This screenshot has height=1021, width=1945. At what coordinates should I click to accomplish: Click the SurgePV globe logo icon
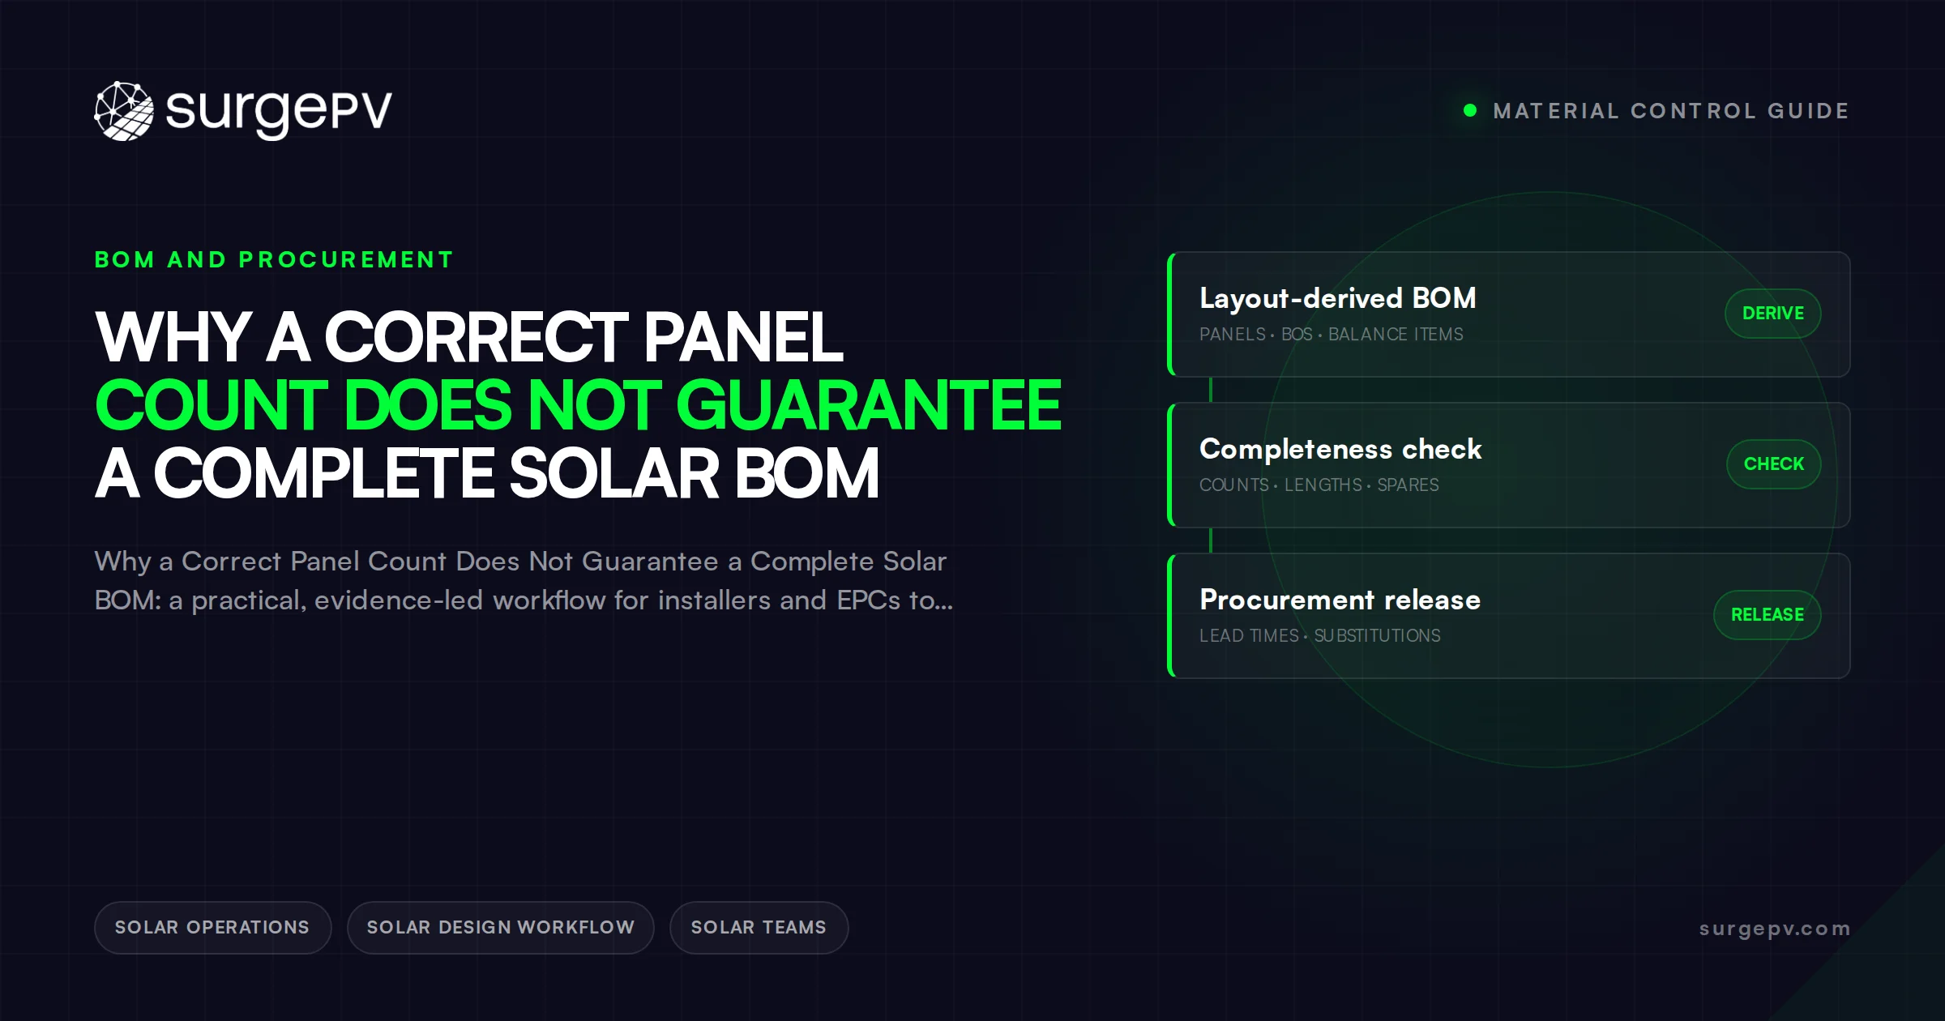pyautogui.click(x=124, y=111)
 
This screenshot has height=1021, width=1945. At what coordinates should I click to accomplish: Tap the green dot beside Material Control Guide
pyautogui.click(x=1470, y=110)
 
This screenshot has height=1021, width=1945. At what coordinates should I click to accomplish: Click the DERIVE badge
pyautogui.click(x=1773, y=314)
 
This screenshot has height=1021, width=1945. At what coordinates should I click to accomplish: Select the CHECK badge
pyautogui.click(x=1774, y=464)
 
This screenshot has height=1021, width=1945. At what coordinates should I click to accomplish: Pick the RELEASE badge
pyautogui.click(x=1768, y=615)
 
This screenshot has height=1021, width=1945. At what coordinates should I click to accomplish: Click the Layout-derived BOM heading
pyautogui.click(x=1338, y=298)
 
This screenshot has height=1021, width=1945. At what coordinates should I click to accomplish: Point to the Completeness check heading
pyautogui.click(x=1340, y=449)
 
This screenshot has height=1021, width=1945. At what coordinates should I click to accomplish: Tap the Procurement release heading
pyautogui.click(x=1340, y=600)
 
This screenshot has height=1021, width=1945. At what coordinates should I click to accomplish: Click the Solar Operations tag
pyautogui.click(x=212, y=928)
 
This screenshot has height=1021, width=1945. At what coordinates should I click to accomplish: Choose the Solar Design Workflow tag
pyautogui.click(x=501, y=928)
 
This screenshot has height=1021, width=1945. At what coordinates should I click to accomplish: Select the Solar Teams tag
pyautogui.click(x=759, y=928)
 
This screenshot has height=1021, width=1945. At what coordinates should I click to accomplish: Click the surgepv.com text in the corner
pyautogui.click(x=1775, y=929)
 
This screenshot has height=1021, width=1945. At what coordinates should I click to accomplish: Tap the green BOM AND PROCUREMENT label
pyautogui.click(x=274, y=259)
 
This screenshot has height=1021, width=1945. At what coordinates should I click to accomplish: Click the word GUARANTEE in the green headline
pyautogui.click(x=869, y=405)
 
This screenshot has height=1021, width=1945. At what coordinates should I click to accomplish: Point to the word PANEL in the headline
pyautogui.click(x=743, y=337)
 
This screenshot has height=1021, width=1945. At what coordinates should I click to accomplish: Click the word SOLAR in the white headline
pyautogui.click(x=614, y=473)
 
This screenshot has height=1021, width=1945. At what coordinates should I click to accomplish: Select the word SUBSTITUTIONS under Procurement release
pyautogui.click(x=1377, y=636)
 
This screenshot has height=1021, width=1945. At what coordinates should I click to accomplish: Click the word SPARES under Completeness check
pyautogui.click(x=1408, y=485)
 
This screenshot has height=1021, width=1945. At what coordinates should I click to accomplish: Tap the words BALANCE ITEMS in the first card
pyautogui.click(x=1396, y=335)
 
